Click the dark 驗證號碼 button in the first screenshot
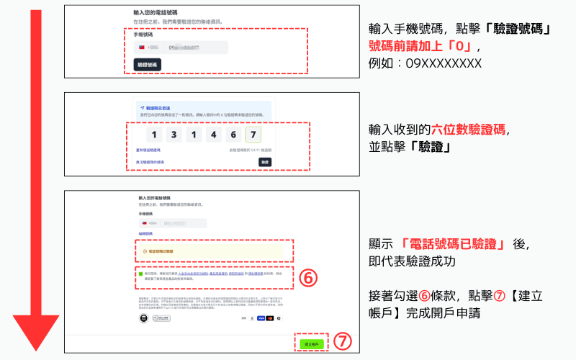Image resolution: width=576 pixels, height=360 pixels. tap(148, 64)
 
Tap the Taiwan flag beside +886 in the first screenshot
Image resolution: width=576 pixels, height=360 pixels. tap(142, 48)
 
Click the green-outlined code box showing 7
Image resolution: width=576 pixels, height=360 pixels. tap(252, 135)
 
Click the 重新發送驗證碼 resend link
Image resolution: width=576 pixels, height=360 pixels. tap(148, 150)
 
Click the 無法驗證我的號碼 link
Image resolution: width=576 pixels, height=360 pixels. tap(150, 162)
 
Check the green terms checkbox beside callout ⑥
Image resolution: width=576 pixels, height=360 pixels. tap(141, 274)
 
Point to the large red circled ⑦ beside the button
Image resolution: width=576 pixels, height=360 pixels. tap(344, 343)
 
